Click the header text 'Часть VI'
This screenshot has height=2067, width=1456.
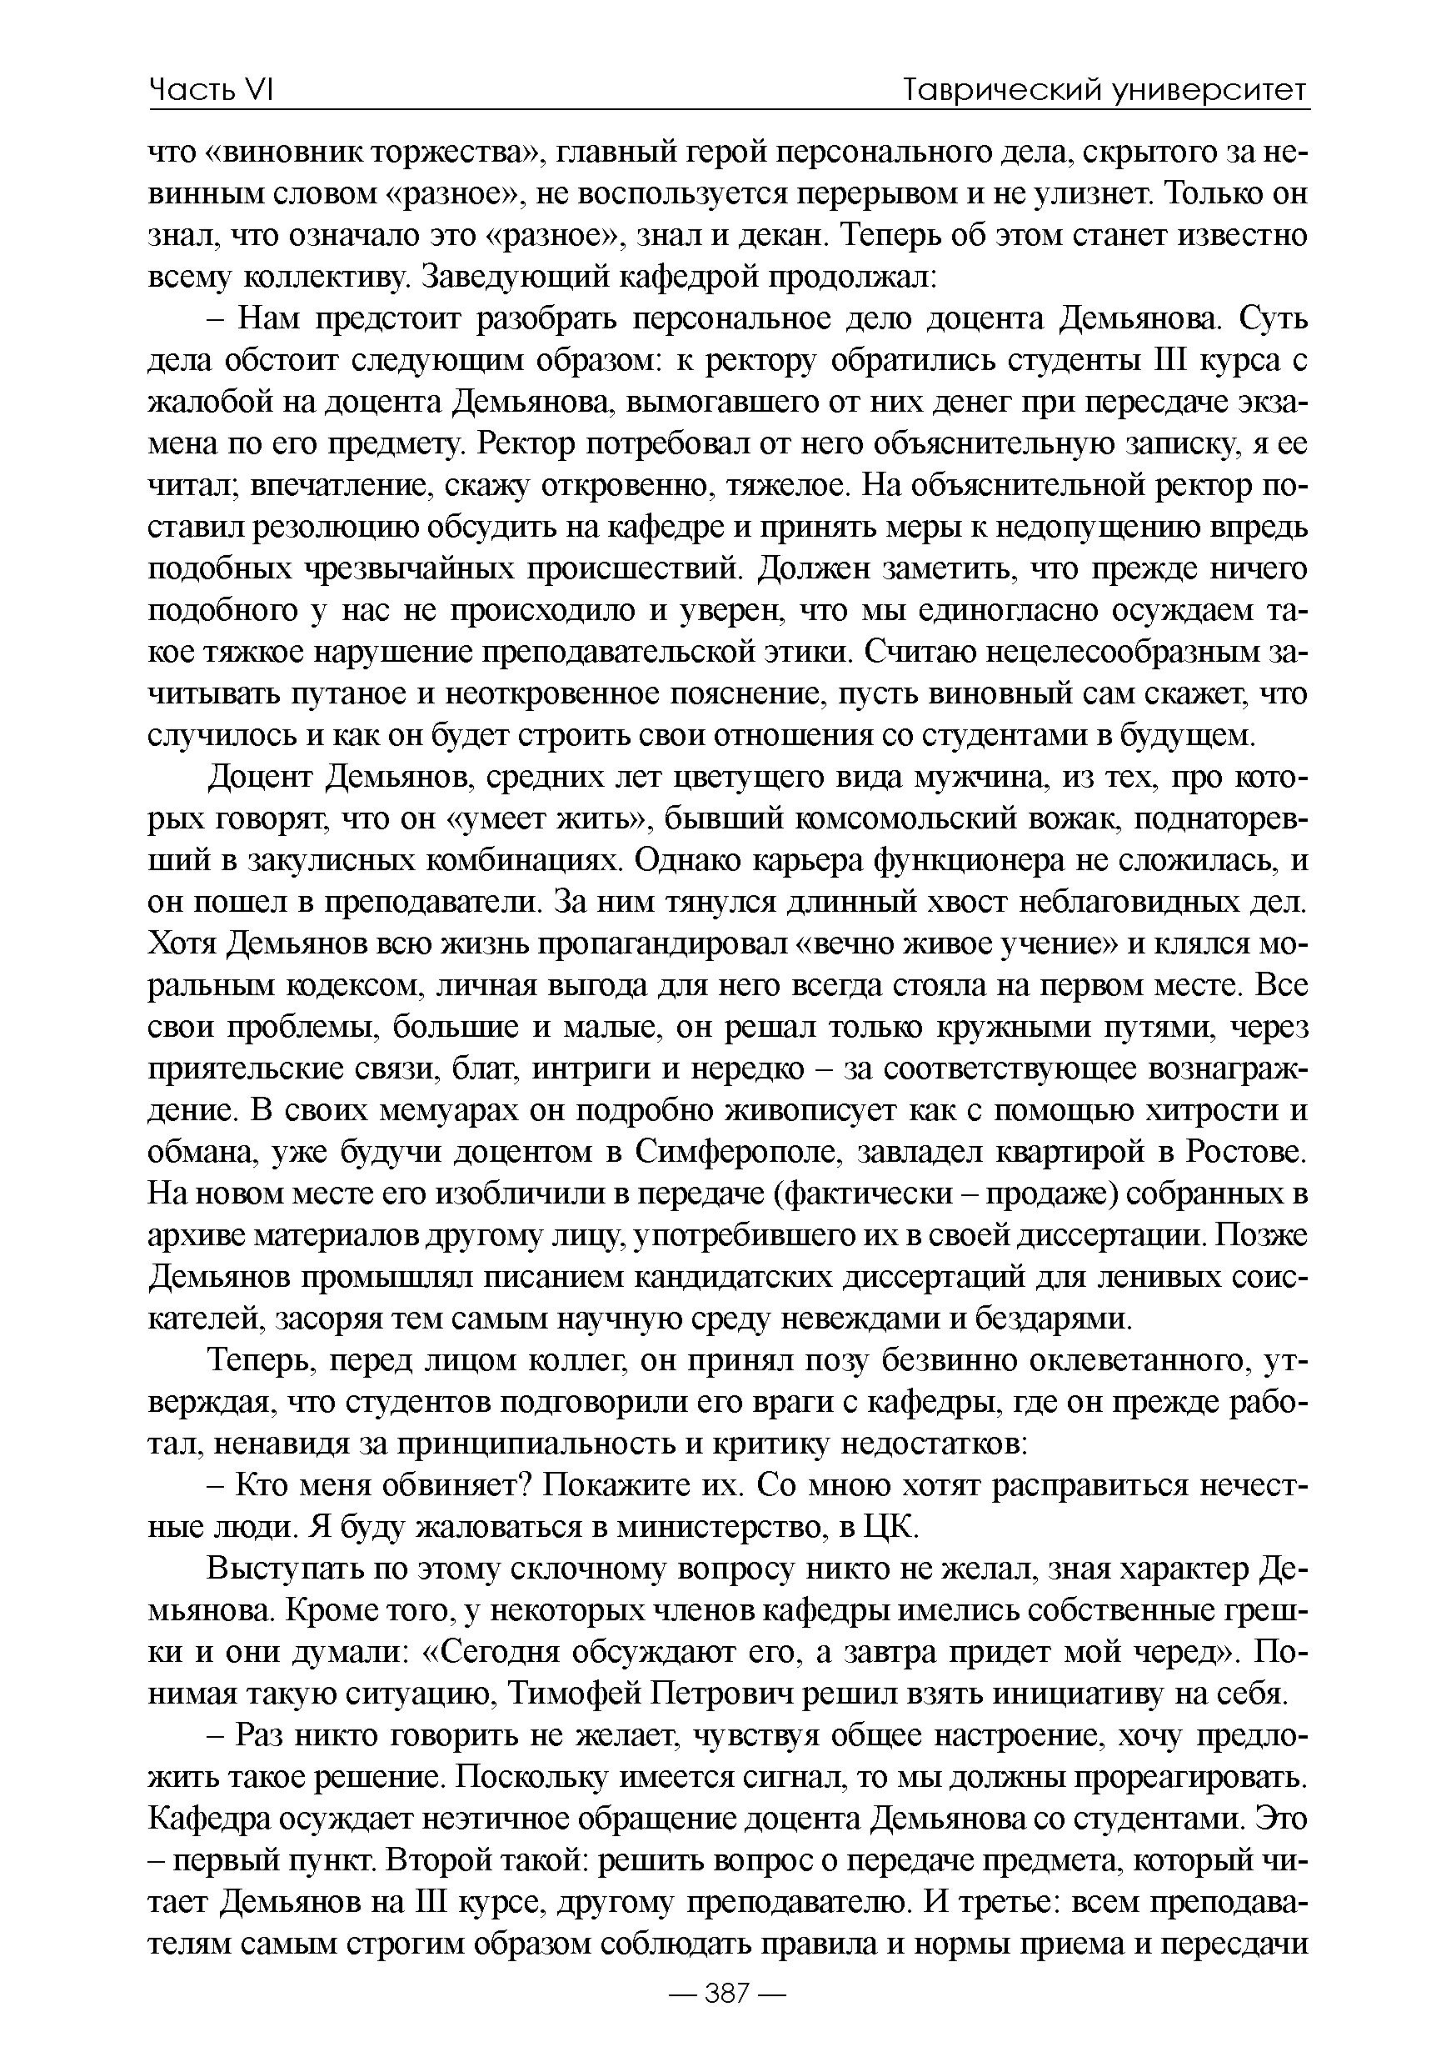click(x=211, y=90)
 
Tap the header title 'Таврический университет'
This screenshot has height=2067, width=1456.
click(x=1105, y=90)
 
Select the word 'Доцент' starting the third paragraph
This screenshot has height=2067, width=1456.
click(x=259, y=777)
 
